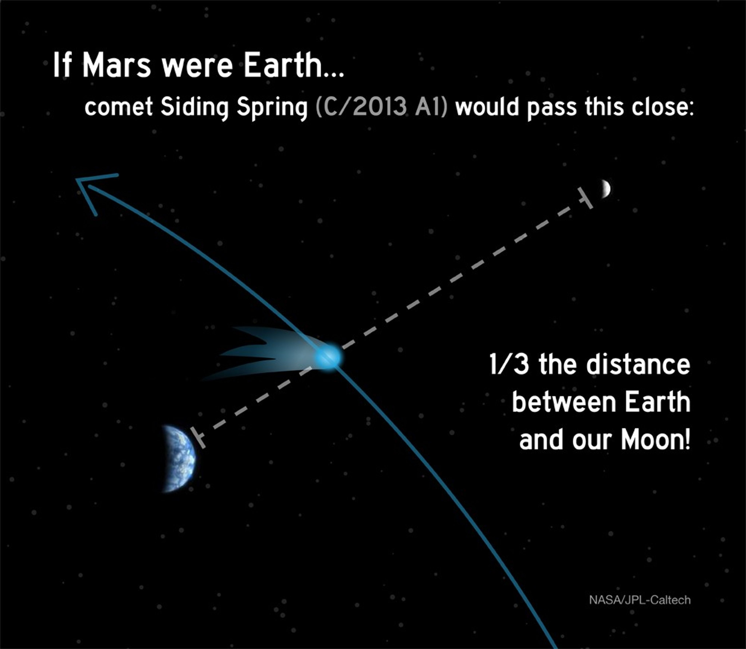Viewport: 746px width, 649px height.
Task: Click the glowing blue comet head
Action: point(328,357)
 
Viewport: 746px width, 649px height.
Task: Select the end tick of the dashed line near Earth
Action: point(197,438)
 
